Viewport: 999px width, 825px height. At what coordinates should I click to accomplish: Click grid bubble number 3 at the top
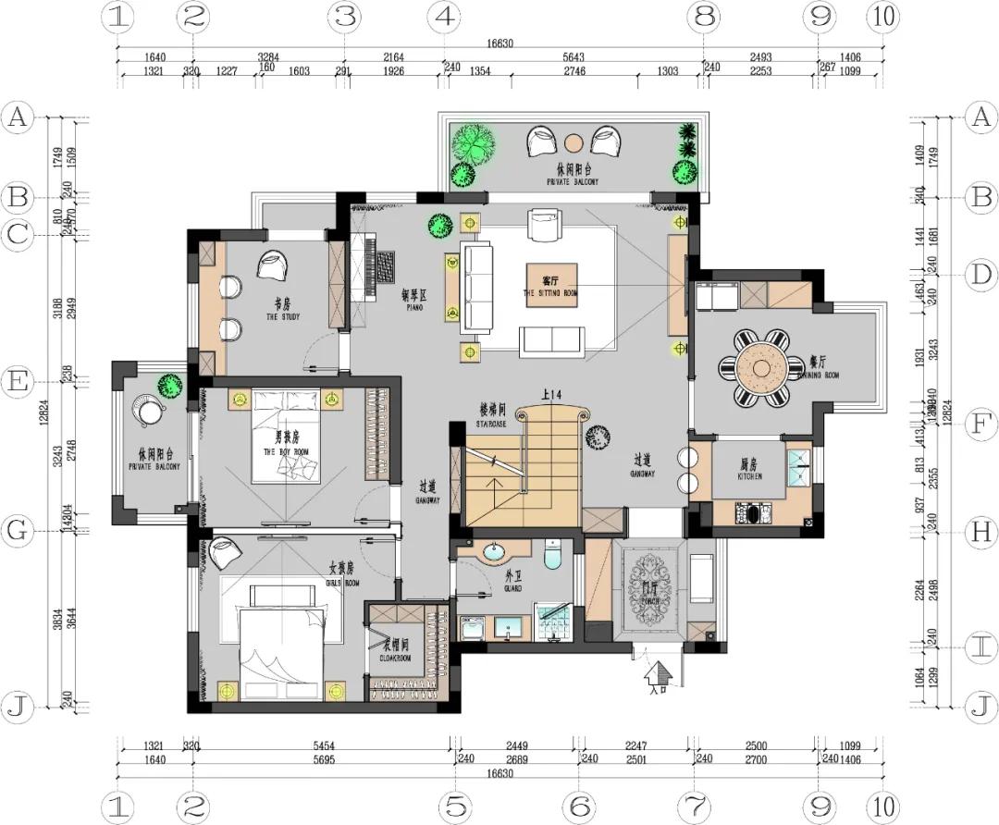[344, 16]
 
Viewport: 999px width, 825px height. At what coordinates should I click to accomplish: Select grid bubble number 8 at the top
[705, 16]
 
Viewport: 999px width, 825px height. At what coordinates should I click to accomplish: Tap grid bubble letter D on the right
[979, 275]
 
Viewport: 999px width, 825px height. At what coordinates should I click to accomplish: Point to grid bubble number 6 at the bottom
[580, 807]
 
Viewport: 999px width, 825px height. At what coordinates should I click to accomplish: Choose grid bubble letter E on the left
[18, 381]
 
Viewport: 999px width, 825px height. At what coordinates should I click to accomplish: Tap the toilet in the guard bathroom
[553, 555]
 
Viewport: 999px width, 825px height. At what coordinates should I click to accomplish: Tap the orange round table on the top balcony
[573, 142]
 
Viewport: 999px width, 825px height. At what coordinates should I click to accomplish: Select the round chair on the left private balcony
[146, 410]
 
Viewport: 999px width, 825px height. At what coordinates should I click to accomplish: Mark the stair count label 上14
[551, 396]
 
